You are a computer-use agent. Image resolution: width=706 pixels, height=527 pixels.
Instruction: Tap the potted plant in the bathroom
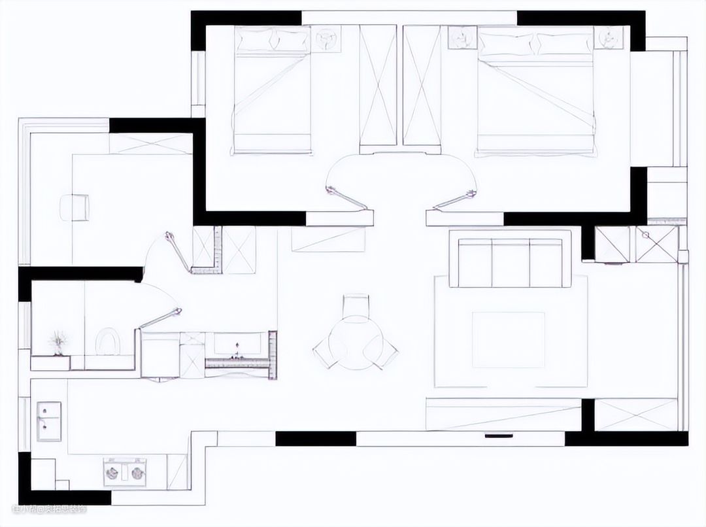[x=59, y=342]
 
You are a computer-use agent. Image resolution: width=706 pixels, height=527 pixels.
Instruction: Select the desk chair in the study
[x=75, y=207]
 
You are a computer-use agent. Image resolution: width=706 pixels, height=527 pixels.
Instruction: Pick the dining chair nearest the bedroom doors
[x=356, y=305]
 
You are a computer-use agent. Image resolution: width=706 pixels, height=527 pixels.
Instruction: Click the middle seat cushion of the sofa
[x=510, y=262]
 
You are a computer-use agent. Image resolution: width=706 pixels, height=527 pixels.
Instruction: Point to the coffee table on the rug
[x=509, y=339]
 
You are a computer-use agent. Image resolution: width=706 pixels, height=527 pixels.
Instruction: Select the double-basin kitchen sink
[x=48, y=420]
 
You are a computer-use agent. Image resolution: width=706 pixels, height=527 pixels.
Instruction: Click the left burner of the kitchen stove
[x=112, y=473]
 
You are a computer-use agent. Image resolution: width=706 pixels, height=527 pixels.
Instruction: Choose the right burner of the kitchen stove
[x=137, y=473]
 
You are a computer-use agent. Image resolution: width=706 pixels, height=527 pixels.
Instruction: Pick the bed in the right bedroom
[x=536, y=92]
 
